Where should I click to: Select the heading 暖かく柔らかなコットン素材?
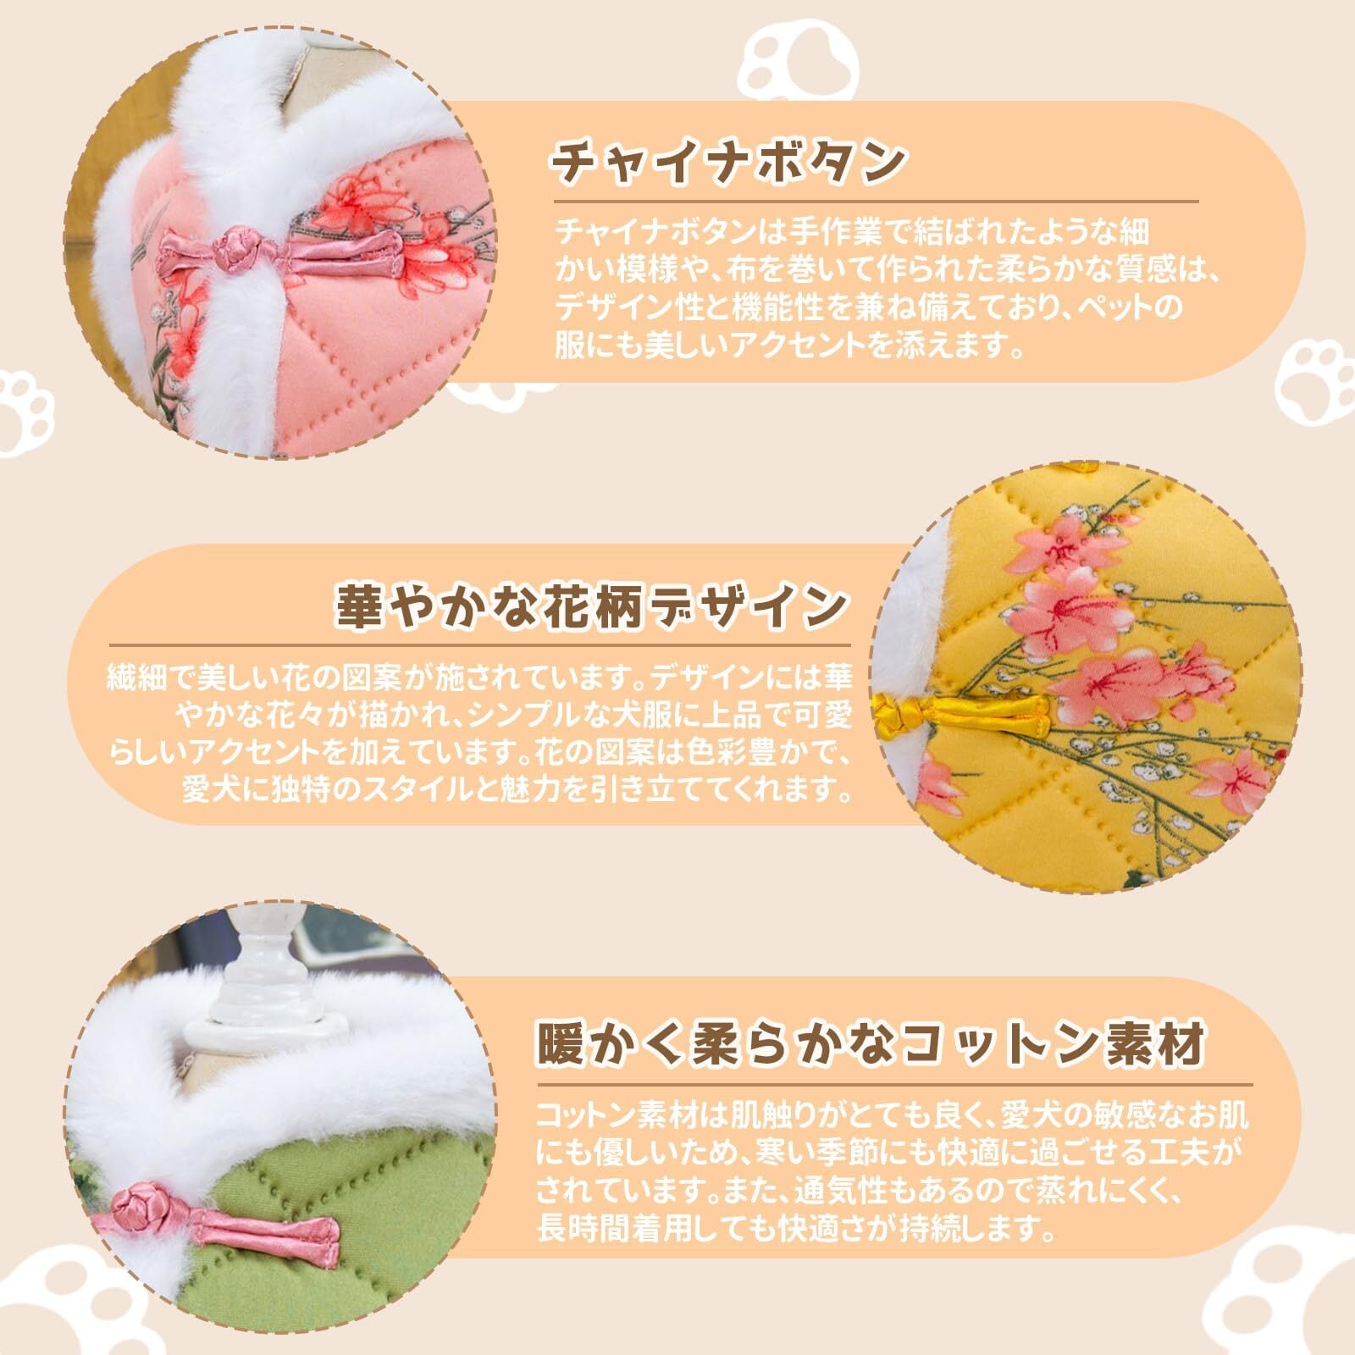click(x=871, y=1043)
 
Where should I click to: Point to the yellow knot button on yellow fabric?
click(x=896, y=710)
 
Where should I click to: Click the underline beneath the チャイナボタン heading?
click(x=877, y=202)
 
